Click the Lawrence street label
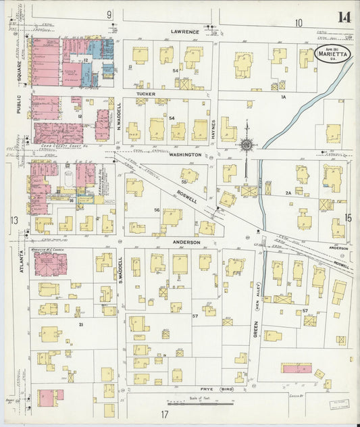(x=184, y=32)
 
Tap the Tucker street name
(x=146, y=94)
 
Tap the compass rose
(x=247, y=144)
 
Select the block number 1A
(x=284, y=97)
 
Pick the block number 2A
(x=288, y=193)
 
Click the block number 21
(x=80, y=325)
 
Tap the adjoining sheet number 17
(x=164, y=413)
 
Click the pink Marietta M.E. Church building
(x=50, y=264)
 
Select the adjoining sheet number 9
(x=108, y=14)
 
